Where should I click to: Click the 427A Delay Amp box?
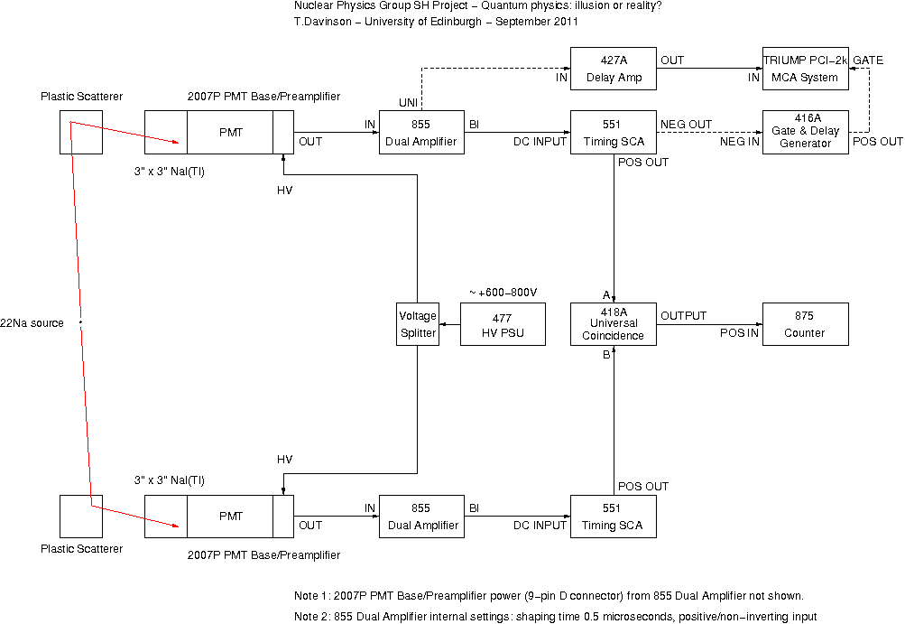pyautogui.click(x=613, y=69)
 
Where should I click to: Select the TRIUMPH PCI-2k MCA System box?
pyautogui.click(x=805, y=69)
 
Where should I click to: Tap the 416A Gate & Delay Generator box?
pyautogui.click(x=805, y=133)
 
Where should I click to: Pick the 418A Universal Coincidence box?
pyautogui.click(x=613, y=324)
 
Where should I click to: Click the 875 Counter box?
pyautogui.click(x=805, y=324)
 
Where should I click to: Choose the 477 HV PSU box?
pyautogui.click(x=503, y=324)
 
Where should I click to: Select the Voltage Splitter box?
pyautogui.click(x=417, y=324)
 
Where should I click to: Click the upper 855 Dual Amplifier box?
pyautogui.click(x=421, y=133)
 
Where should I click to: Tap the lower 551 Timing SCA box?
pyautogui.click(x=613, y=517)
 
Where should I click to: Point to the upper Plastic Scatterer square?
pyautogui.click(x=81, y=133)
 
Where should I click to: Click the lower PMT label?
pyautogui.click(x=231, y=517)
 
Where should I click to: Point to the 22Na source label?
pyautogui.click(x=32, y=323)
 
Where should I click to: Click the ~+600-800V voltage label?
pyautogui.click(x=503, y=293)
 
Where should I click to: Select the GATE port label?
pyautogui.click(x=868, y=61)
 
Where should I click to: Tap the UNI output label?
pyautogui.click(x=408, y=103)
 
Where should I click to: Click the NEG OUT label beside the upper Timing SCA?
pyautogui.click(x=687, y=125)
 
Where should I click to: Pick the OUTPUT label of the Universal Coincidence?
pyautogui.click(x=683, y=316)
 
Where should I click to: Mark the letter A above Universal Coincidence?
pyautogui.click(x=606, y=295)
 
